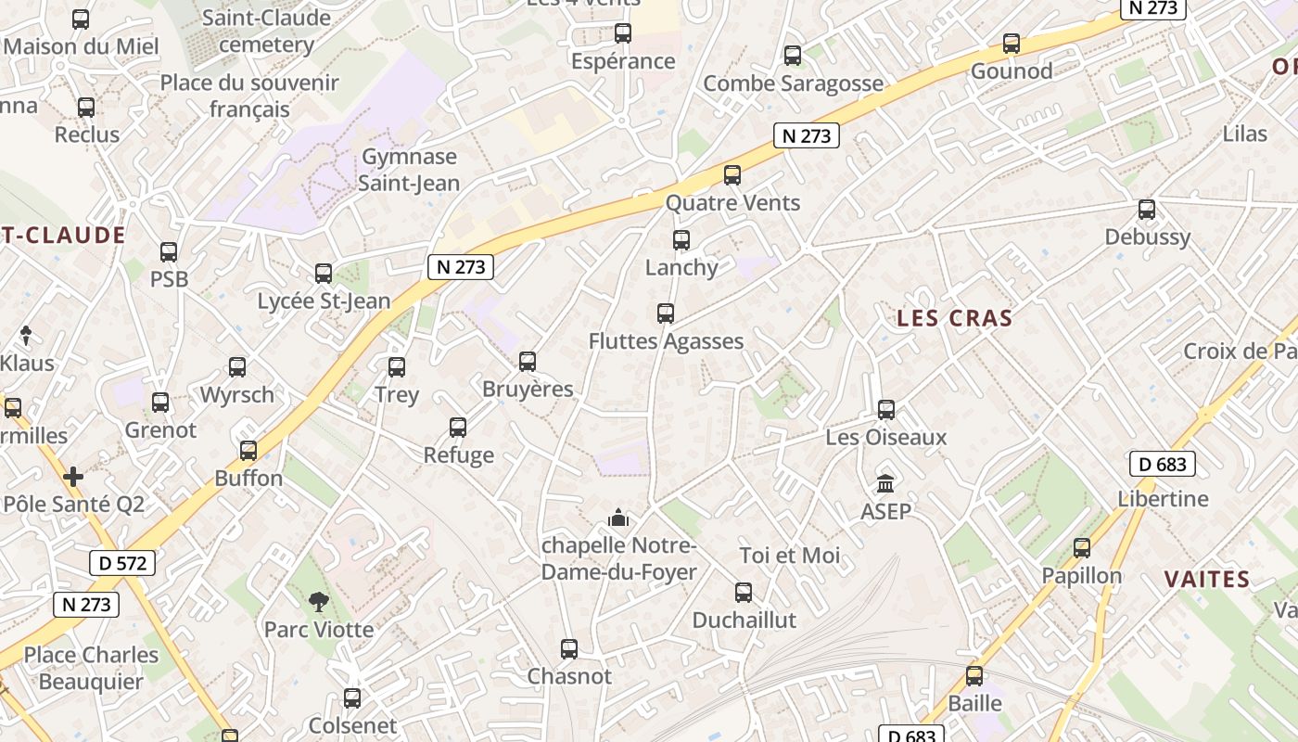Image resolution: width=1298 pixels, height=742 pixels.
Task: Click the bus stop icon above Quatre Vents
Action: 732,174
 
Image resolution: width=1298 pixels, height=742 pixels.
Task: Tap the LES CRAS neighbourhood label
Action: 954,318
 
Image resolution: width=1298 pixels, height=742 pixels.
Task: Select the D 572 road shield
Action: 122,562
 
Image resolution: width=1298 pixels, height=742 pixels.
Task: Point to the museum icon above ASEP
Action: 885,484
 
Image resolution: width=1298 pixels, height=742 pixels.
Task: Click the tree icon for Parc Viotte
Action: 319,602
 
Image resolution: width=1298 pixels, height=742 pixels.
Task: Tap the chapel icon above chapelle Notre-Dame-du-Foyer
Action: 618,518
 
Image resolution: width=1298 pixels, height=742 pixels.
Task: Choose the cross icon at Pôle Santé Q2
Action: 73,477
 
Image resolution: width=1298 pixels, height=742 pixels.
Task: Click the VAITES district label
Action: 1207,580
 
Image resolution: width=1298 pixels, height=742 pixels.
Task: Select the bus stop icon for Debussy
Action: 1147,210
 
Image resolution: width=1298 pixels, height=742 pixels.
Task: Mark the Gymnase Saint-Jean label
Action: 409,170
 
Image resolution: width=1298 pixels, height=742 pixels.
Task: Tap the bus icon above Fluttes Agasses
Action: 666,313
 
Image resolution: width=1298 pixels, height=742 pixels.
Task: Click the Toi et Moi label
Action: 790,556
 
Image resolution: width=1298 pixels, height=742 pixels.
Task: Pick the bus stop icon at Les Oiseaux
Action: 886,410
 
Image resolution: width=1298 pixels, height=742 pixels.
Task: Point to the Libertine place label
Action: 1163,499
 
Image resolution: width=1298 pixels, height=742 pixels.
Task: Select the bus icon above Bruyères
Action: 528,362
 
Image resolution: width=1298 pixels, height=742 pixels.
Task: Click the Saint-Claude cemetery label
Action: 266,31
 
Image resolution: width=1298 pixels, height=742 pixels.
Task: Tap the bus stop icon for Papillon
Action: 1082,548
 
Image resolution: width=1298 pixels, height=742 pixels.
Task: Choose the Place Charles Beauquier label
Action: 91,668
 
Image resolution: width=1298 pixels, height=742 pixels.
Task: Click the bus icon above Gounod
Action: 1012,44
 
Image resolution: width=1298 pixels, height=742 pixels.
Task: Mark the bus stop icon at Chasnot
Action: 569,649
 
